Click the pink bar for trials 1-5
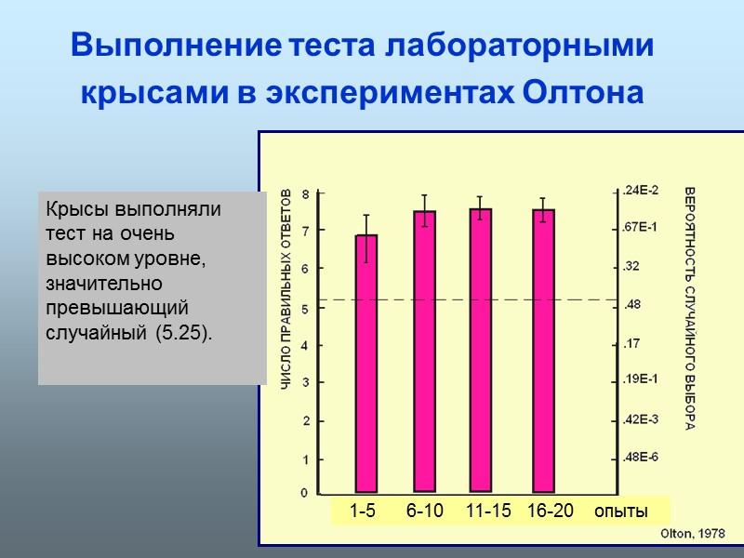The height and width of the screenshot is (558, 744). tap(366, 363)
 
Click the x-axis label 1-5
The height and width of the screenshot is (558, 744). tap(363, 511)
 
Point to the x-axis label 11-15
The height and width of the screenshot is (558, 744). tap(488, 511)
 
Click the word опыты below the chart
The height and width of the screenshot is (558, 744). tap(620, 512)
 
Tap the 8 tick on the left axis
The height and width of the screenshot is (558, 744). tap(304, 193)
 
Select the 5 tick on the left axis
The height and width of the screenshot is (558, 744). tap(304, 307)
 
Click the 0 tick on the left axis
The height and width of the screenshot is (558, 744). tap(304, 493)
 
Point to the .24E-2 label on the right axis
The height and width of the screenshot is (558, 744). tap(641, 191)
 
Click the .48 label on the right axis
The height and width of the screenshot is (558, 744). tap(632, 305)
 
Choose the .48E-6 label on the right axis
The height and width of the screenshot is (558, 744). tap(641, 458)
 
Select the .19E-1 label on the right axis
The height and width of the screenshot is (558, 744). tap(641, 379)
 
